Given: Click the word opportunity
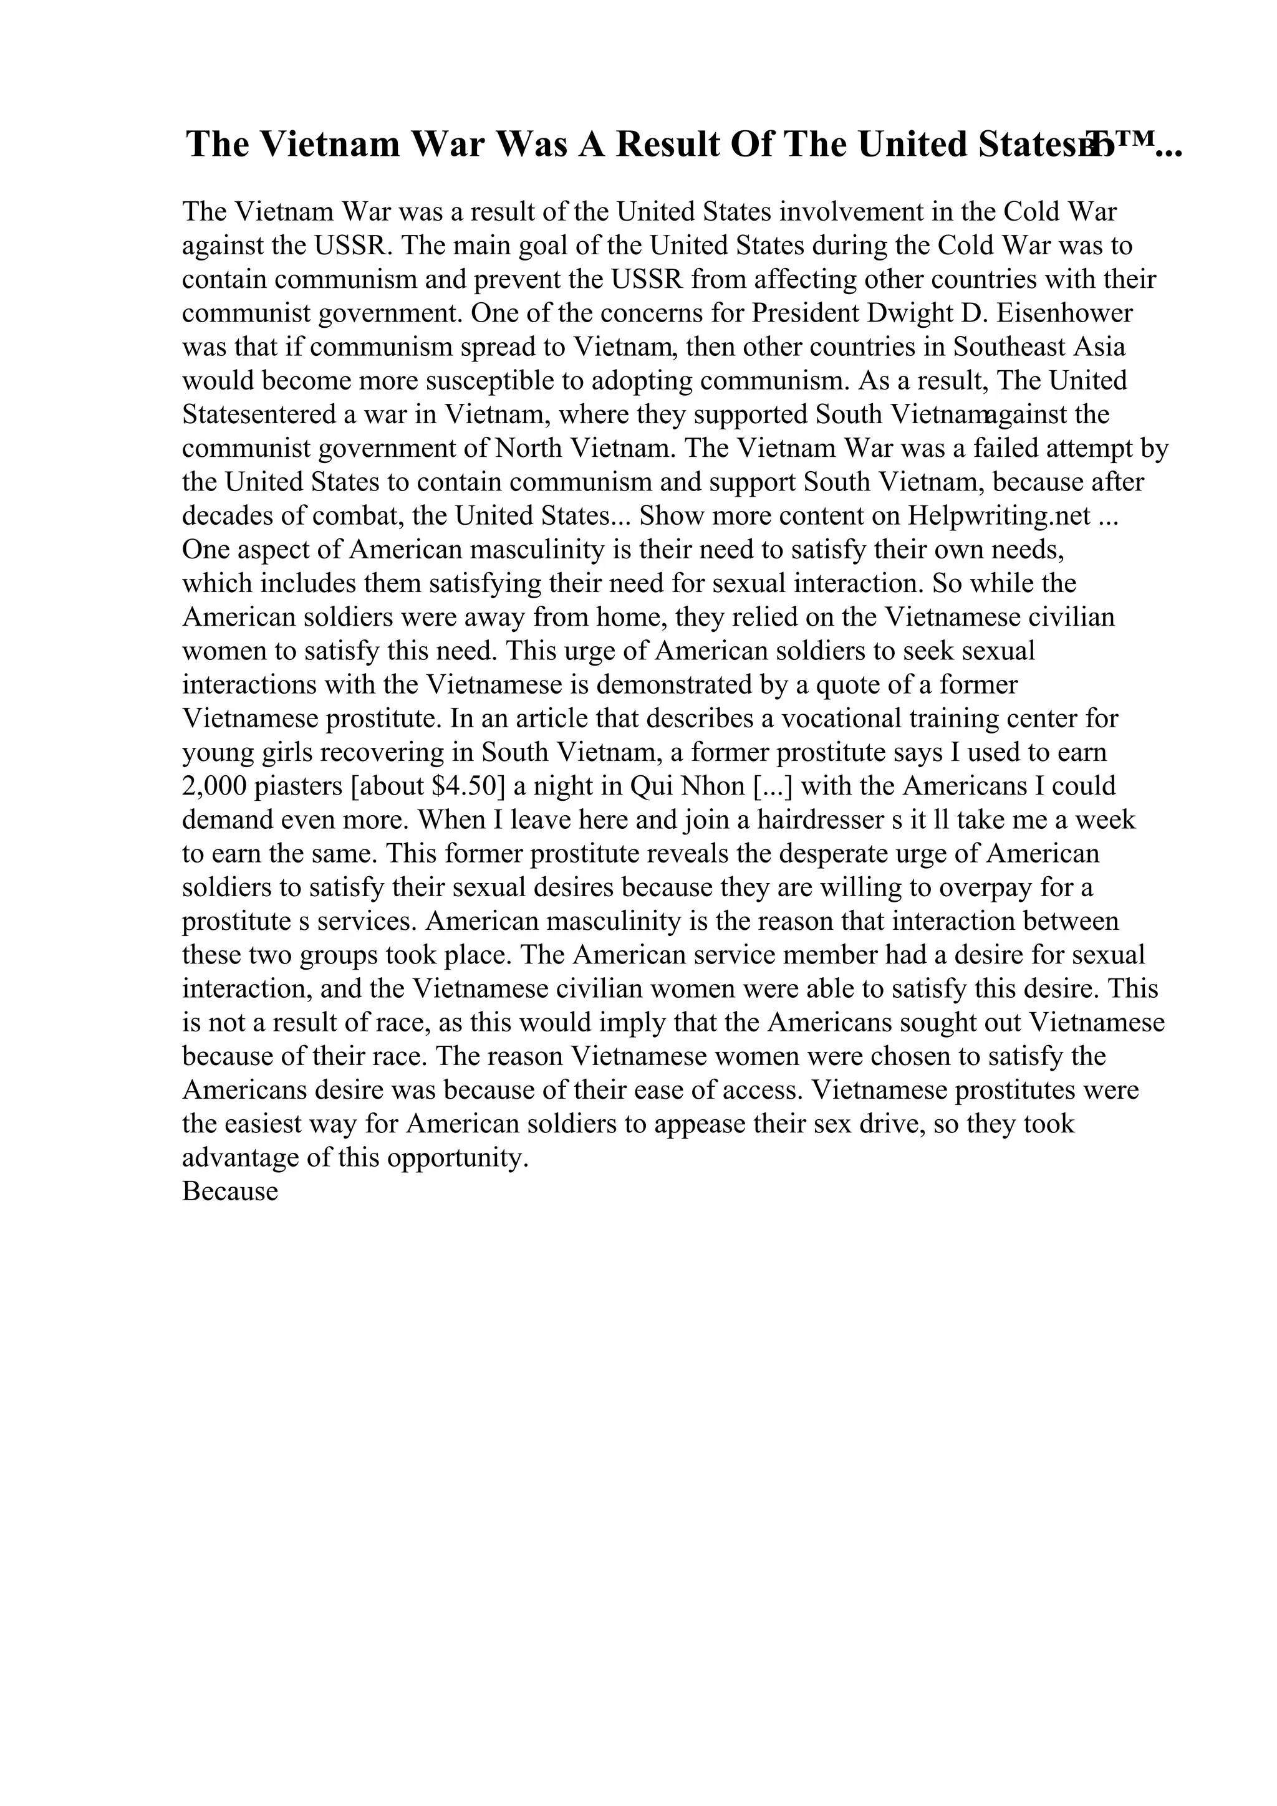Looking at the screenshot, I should tap(450, 1158).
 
